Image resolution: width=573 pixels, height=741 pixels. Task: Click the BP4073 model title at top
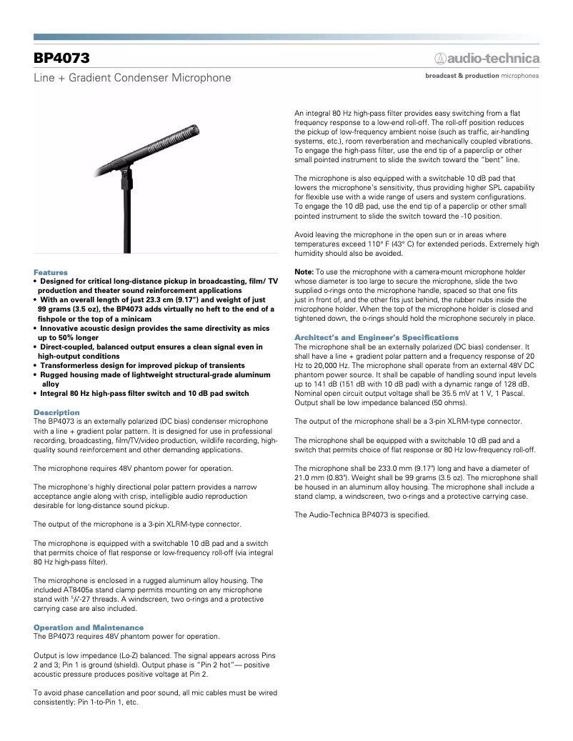pos(61,58)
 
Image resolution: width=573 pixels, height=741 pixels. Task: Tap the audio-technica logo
pos(488,58)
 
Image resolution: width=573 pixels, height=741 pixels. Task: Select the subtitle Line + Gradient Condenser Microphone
pos(132,77)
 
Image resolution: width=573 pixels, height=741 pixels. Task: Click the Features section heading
pos(51,272)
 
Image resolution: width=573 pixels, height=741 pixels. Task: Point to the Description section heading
pos(56,412)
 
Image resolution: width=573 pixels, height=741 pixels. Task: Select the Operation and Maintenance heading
pos(89,627)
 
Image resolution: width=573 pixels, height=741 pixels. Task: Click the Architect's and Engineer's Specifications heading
pos(377,337)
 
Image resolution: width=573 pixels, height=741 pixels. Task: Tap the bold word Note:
pos(304,272)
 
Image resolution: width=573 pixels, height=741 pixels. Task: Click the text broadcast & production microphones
pos(482,75)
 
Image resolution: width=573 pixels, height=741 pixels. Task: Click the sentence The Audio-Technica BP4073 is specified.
pos(362,514)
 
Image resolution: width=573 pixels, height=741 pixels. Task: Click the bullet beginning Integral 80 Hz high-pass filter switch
pos(144,393)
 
